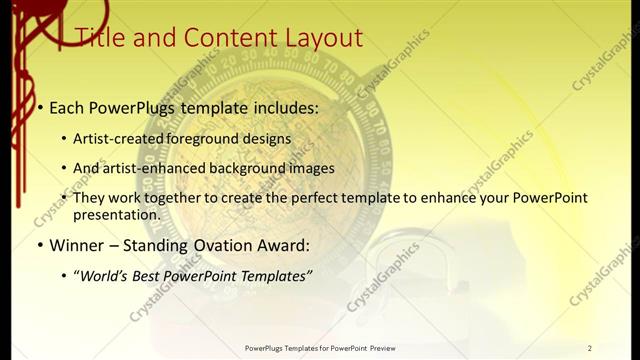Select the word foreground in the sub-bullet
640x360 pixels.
(209, 139)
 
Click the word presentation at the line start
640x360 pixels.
(116, 214)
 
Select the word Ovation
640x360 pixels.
(242, 245)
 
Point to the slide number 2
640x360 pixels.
(590, 348)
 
